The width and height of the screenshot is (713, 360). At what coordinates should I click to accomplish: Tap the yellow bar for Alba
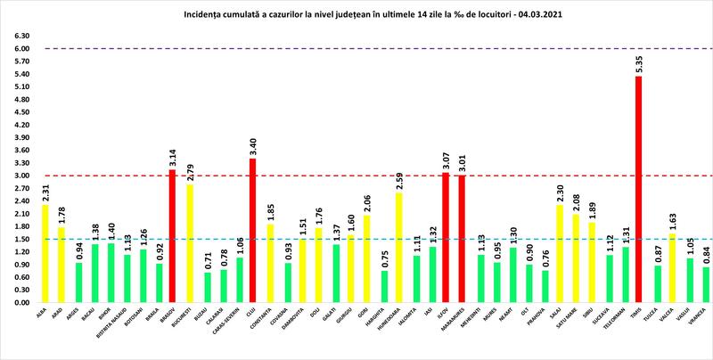[45, 253]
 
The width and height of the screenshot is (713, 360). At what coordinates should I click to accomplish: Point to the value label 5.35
[639, 65]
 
